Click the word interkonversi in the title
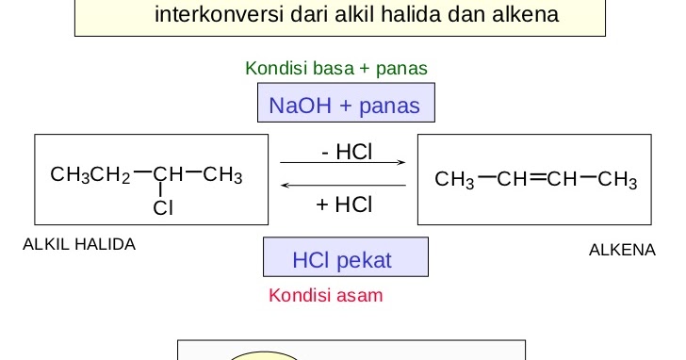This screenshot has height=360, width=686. (x=213, y=15)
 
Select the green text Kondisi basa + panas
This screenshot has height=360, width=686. (x=336, y=68)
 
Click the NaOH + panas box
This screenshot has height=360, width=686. (x=345, y=105)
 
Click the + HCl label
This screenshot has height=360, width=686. (x=344, y=204)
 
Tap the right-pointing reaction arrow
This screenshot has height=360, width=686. (x=343, y=163)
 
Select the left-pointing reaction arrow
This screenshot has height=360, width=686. (x=343, y=185)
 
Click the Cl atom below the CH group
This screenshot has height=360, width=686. (x=163, y=208)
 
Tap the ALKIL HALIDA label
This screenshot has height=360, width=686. (x=79, y=244)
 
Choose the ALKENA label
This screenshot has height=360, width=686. (x=621, y=250)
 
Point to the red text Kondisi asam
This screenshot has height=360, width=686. (x=326, y=295)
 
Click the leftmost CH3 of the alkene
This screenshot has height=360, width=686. (x=454, y=180)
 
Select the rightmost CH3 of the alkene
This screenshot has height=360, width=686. (x=617, y=180)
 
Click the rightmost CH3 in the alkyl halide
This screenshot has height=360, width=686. (x=222, y=174)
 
